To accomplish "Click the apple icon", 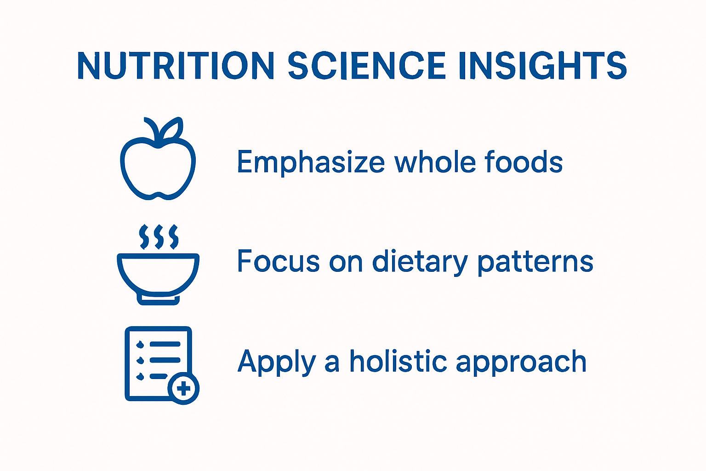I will (158, 166).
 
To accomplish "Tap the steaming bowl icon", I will (158, 271).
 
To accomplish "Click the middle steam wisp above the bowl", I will (159, 237).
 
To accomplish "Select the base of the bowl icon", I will (158, 299).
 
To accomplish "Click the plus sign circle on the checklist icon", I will (183, 389).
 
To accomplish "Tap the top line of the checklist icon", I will (165, 344).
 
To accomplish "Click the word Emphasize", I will (311, 163).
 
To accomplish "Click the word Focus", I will (278, 261).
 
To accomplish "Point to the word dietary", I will (419, 262).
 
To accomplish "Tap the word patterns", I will (535, 262).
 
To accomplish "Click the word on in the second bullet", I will (346, 262).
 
